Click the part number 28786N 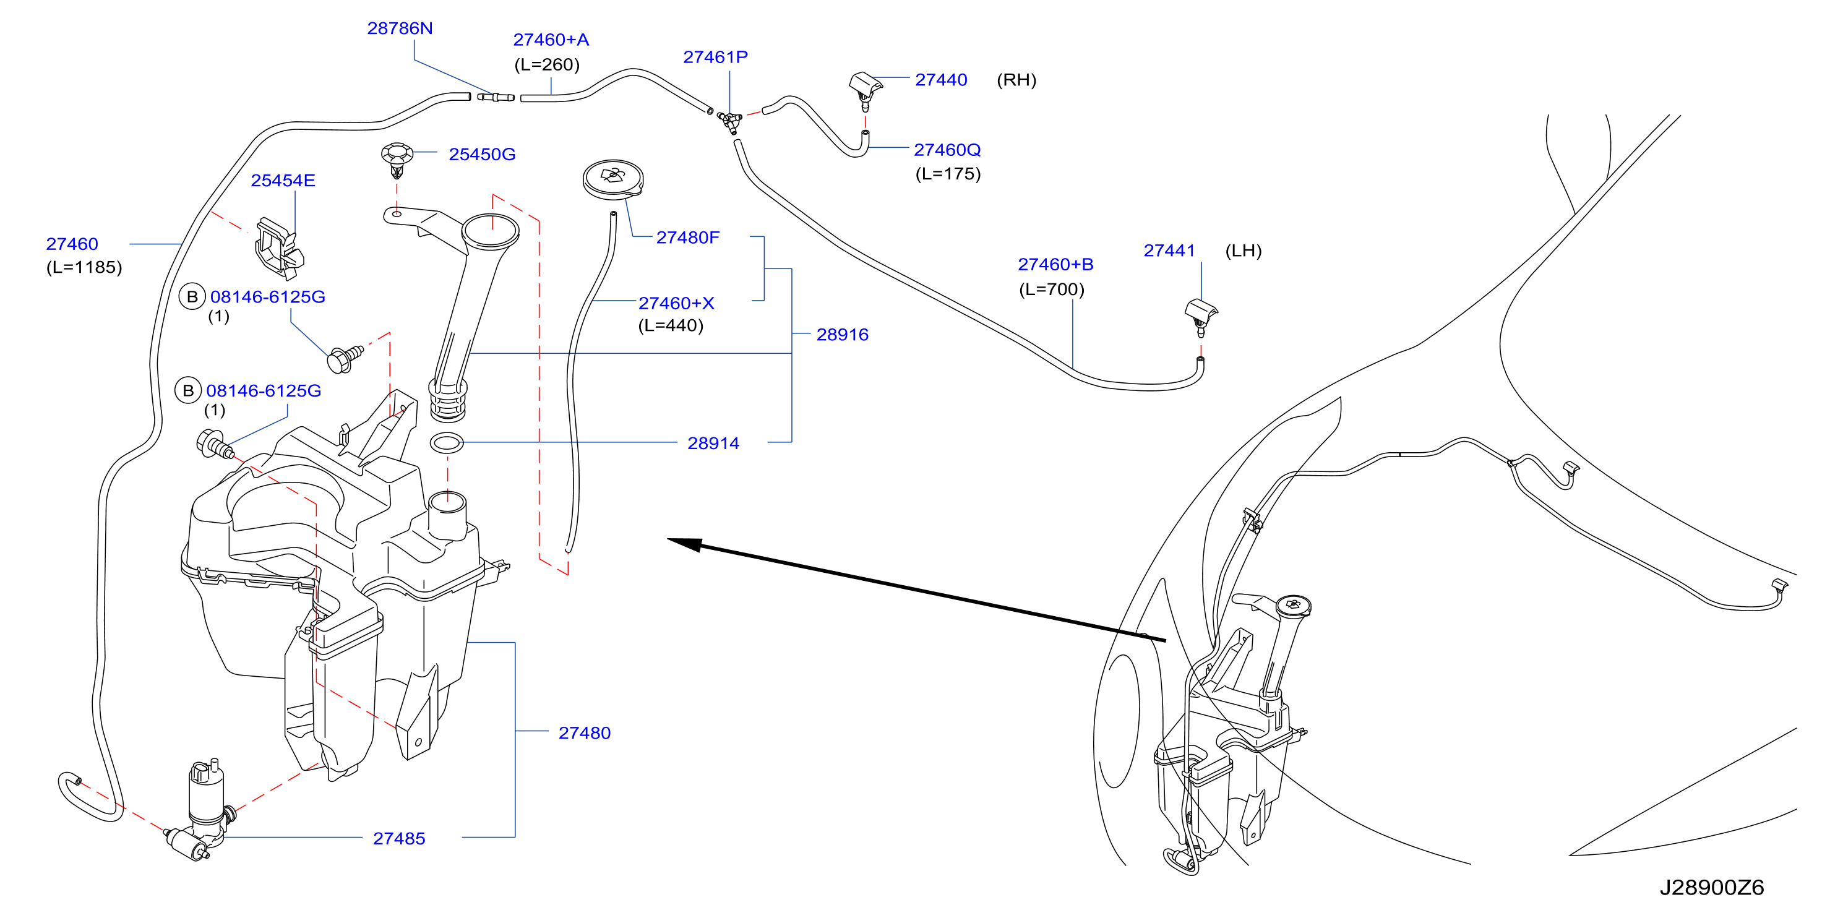coord(399,28)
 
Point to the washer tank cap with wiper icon coord(613,179)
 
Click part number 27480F coord(687,237)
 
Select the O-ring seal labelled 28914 coord(447,443)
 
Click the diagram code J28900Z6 coord(1711,887)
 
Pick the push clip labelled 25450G coord(397,160)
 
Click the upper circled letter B coord(192,296)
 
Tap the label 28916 coord(842,334)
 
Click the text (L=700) coord(1051,289)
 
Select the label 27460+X coord(676,302)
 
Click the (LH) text coord(1244,251)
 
